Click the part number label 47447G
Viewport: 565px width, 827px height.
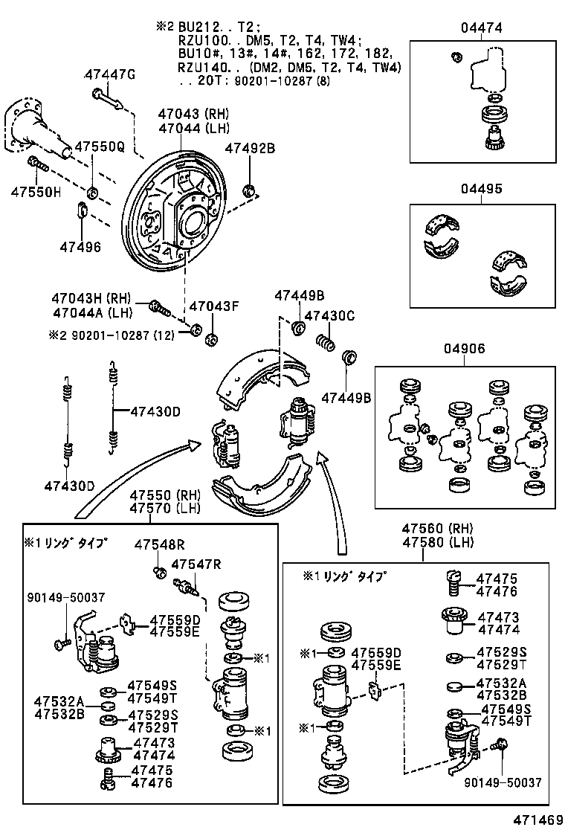(110, 74)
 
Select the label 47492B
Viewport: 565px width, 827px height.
(250, 148)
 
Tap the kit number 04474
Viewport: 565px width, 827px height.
(481, 28)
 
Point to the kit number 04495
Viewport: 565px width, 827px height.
(481, 189)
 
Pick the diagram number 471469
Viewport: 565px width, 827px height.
(537, 819)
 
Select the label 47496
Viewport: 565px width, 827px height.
(80, 247)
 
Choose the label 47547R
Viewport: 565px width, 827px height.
(196, 564)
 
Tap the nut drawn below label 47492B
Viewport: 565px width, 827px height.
(251, 190)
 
